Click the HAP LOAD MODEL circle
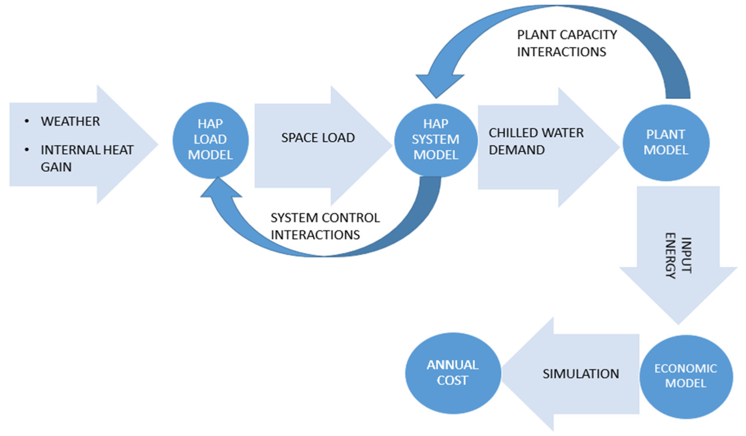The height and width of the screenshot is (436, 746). click(x=211, y=140)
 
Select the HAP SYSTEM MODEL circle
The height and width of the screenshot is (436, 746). click(x=436, y=140)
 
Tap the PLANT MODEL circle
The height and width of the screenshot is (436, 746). click(x=666, y=142)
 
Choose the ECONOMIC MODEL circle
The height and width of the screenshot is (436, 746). click(x=686, y=377)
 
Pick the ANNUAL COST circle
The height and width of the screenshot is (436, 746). click(x=452, y=373)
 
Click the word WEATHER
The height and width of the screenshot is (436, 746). click(x=70, y=121)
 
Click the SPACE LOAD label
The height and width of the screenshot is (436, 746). click(x=318, y=138)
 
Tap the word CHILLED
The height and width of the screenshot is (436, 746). click(x=509, y=133)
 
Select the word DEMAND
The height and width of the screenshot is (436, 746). click(x=517, y=150)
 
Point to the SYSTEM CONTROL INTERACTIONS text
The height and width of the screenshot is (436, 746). click(x=325, y=226)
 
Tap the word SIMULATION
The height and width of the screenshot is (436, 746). click(x=581, y=374)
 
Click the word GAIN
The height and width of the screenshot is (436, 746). click(x=56, y=167)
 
